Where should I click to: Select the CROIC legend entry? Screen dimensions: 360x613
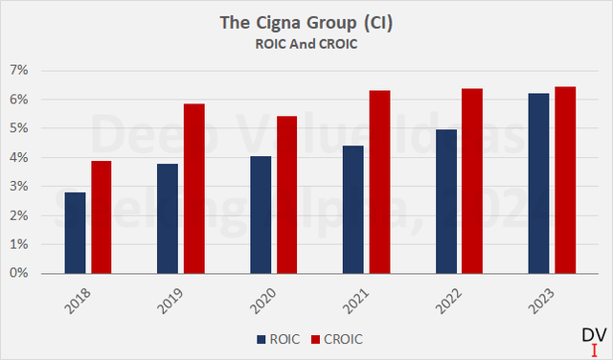coord(334,338)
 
